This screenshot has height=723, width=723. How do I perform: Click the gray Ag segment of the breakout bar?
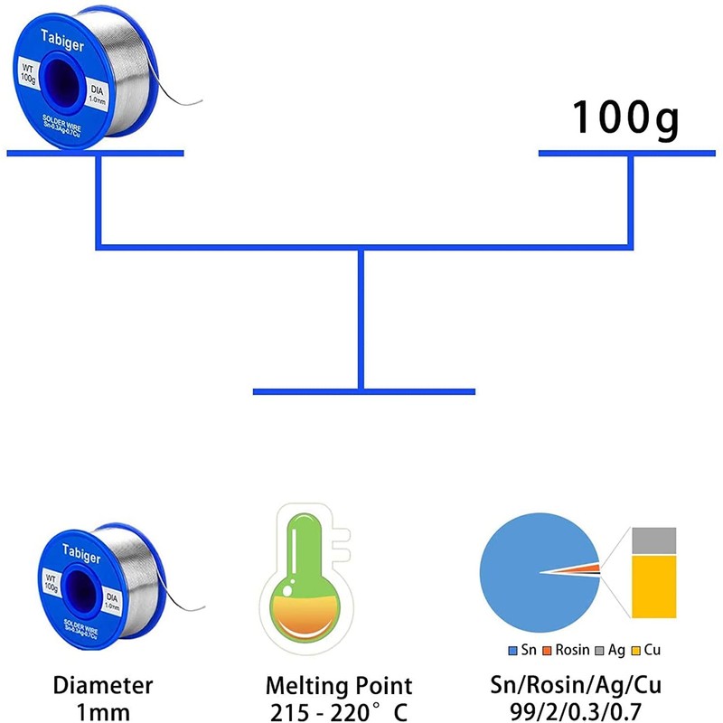click(x=653, y=540)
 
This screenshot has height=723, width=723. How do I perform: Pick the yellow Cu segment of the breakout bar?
click(x=653, y=587)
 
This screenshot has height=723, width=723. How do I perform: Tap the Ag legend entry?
click(x=613, y=650)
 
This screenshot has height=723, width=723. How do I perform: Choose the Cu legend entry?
click(x=650, y=650)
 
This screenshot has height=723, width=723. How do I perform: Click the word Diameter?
click(x=102, y=686)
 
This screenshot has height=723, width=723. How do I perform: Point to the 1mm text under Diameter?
click(x=102, y=710)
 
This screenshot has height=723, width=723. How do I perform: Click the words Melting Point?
click(x=339, y=686)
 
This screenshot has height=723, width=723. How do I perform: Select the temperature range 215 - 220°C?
click(x=339, y=710)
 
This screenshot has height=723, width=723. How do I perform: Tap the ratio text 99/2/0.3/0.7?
click(x=577, y=710)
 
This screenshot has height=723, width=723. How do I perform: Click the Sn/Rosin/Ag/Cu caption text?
click(x=577, y=686)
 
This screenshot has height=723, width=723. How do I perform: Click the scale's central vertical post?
click(x=361, y=316)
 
